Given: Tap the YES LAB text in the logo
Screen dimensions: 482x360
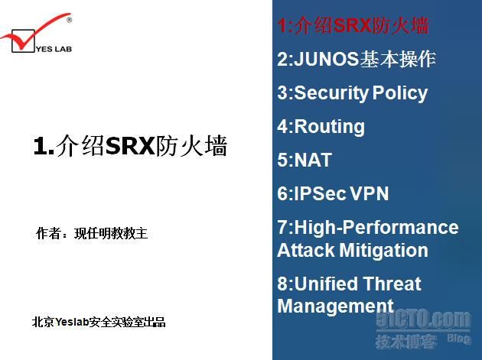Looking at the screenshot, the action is point(54,49).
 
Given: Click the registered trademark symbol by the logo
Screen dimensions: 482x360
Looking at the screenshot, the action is point(69,20).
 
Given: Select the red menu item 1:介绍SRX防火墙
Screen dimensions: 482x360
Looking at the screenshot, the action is point(353,25).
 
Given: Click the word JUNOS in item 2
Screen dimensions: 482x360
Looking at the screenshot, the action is point(326,59).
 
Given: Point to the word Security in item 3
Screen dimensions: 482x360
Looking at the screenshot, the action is point(331,93).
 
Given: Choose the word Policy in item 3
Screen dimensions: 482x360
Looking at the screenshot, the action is point(400,93).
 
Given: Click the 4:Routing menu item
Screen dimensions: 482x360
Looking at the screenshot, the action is point(321,127).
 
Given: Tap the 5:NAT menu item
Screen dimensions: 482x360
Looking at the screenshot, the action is point(305,160).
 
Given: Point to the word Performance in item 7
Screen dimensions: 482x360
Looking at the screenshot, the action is point(401,227).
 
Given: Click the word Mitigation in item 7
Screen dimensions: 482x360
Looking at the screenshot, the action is point(384,251).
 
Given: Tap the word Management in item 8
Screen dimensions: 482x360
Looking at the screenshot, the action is point(335,306).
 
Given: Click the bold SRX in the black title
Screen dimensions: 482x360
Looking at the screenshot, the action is point(130,145).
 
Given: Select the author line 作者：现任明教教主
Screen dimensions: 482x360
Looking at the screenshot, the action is point(92,233).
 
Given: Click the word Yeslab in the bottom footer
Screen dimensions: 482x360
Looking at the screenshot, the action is point(72,322).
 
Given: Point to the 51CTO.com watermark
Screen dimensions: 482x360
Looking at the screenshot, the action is point(423,319).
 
